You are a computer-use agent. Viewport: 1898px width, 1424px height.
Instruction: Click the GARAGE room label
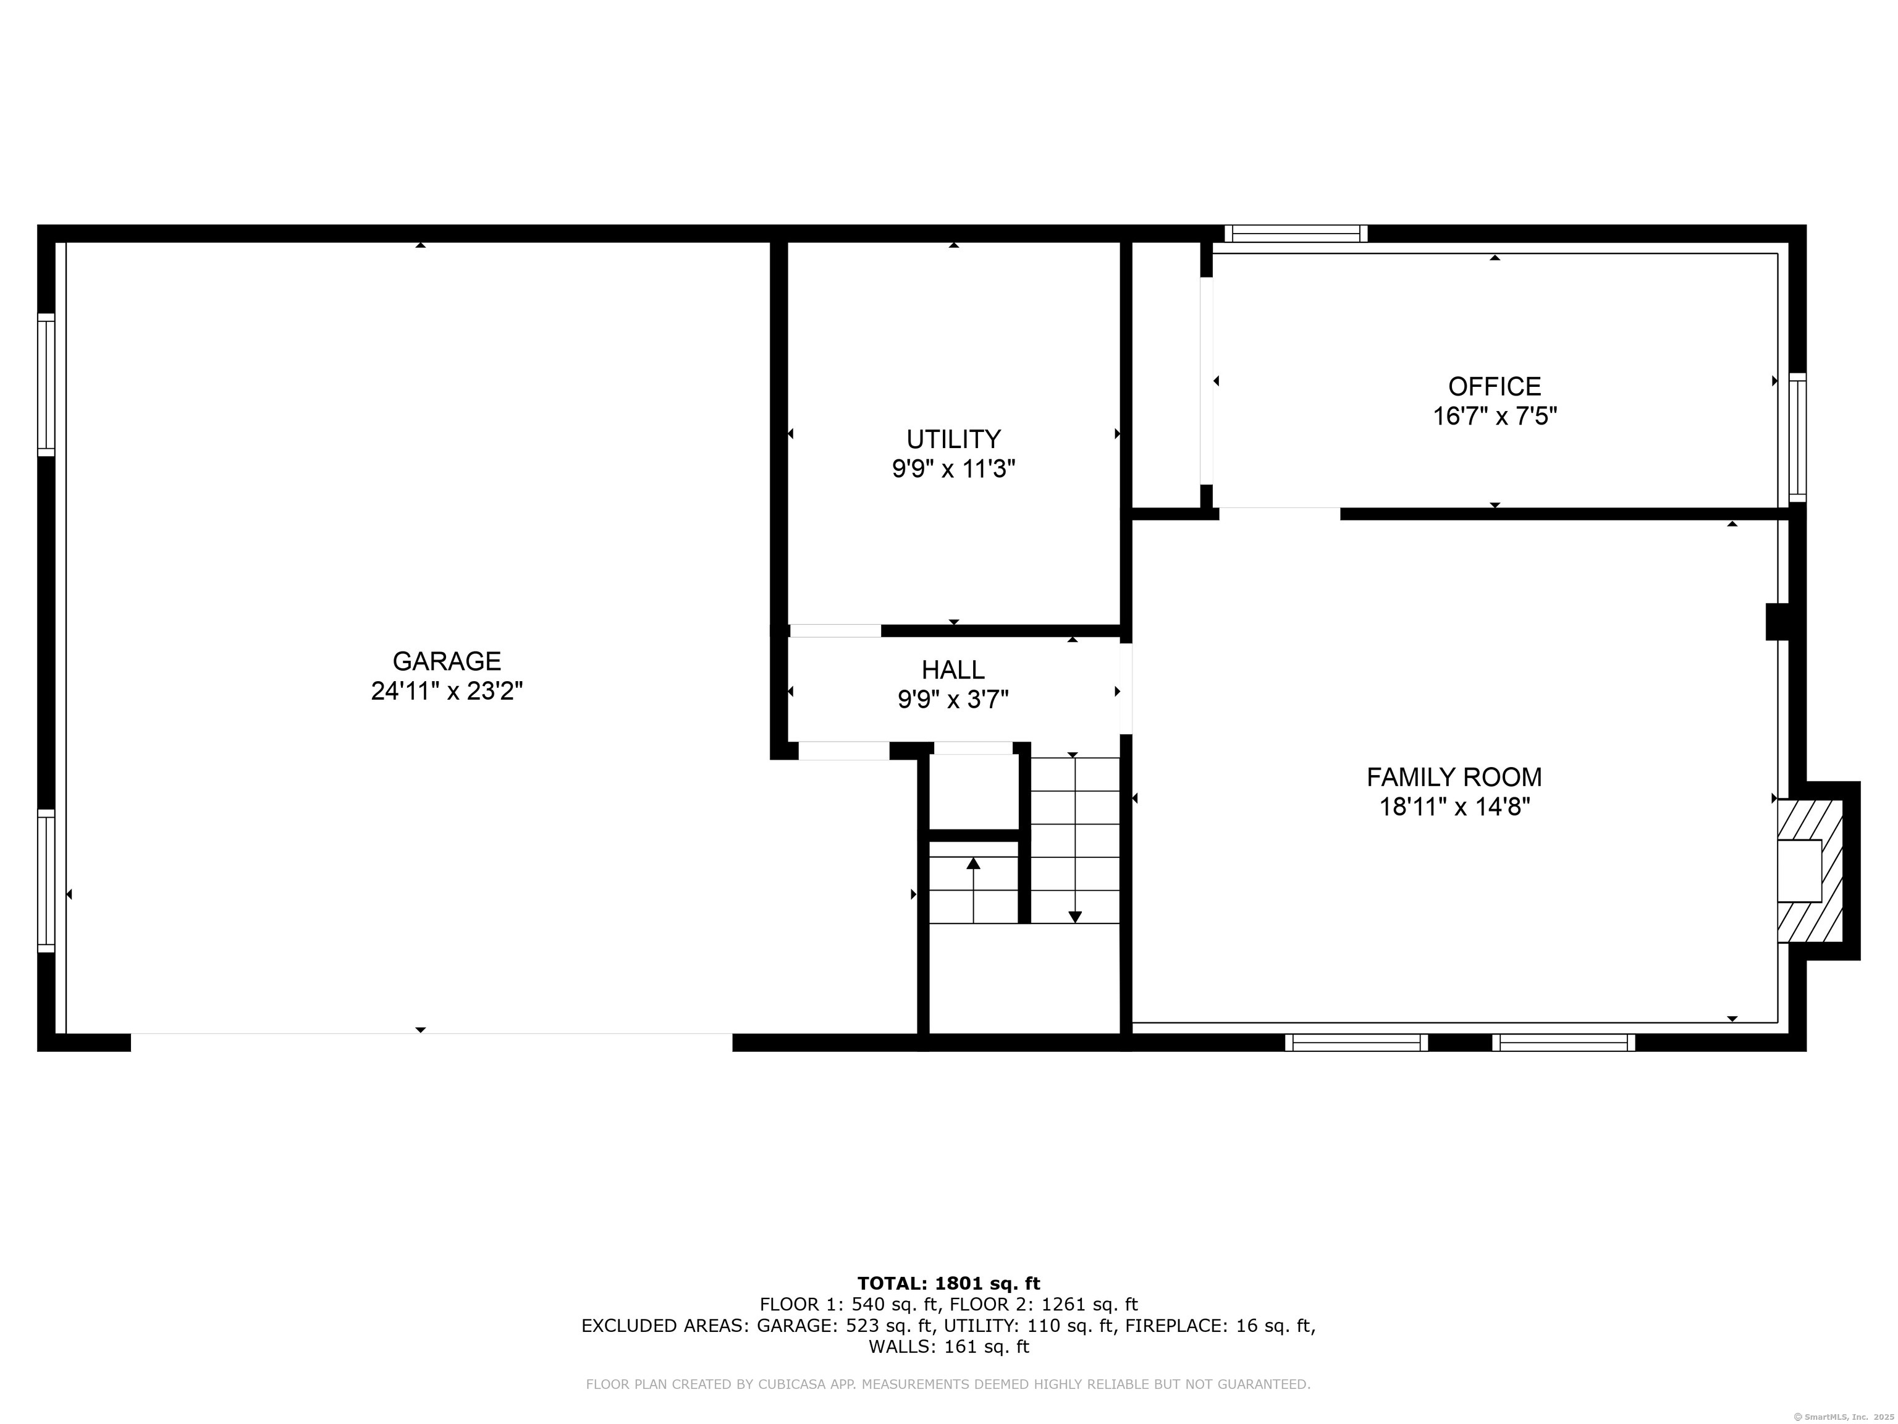(446, 661)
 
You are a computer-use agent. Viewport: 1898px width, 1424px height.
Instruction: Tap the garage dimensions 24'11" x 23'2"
(446, 691)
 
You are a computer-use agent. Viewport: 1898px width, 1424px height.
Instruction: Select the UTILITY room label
(953, 439)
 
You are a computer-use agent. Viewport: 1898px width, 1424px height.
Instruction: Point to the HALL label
(953, 669)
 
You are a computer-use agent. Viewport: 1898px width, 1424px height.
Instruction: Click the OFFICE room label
(1495, 386)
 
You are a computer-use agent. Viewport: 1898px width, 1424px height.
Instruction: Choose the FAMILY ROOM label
(1454, 777)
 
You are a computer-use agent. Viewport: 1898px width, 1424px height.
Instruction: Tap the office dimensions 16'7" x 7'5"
(1495, 417)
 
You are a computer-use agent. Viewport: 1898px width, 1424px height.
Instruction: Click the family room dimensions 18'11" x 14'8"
(1454, 807)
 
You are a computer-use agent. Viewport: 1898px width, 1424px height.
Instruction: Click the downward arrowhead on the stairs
(1074, 917)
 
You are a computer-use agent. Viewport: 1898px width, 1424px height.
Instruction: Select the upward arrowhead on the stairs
(973, 863)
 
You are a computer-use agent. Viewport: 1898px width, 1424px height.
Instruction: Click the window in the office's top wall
(1296, 234)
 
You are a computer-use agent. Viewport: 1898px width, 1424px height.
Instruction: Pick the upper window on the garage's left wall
(46, 384)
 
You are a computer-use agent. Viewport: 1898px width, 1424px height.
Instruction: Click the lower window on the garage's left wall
(46, 881)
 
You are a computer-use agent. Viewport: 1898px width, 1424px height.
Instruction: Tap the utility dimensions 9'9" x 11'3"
(953, 470)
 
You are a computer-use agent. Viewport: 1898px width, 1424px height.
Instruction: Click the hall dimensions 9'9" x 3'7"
(953, 700)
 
